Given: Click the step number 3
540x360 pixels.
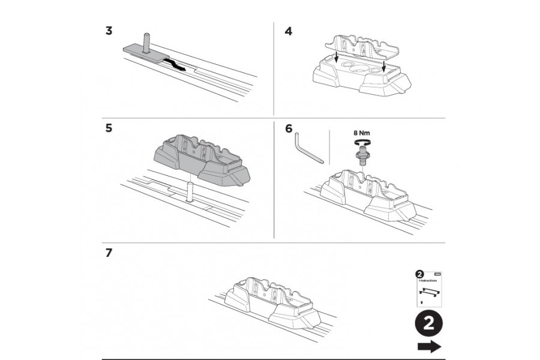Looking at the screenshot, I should [109, 31].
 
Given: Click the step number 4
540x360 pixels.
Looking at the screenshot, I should [289, 31].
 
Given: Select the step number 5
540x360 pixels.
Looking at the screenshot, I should [109, 128].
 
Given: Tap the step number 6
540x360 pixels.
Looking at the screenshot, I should [289, 128].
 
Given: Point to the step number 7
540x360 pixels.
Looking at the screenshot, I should [109, 253].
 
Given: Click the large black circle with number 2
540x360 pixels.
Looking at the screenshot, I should [428, 325].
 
